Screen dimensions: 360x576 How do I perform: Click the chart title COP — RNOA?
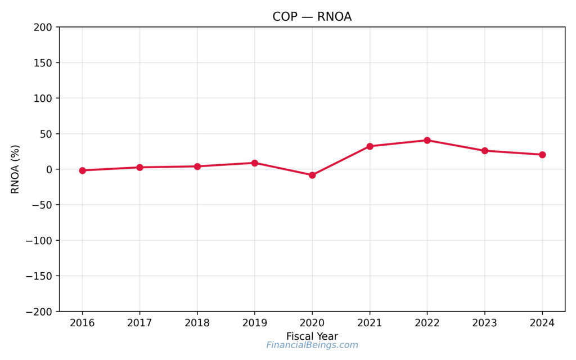point(312,17)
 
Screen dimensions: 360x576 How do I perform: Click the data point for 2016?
point(83,170)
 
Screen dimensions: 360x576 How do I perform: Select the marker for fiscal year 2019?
point(255,163)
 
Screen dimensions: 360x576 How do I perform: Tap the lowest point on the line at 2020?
point(312,175)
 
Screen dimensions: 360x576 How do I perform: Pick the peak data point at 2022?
point(427,140)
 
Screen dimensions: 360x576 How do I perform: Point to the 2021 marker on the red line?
point(370,146)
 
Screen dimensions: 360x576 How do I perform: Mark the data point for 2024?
point(542,155)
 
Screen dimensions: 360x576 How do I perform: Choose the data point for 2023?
point(485,151)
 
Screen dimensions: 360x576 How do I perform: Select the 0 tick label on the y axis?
point(49,169)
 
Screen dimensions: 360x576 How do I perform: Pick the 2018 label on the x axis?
point(197,323)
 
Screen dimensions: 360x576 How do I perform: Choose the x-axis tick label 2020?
point(312,323)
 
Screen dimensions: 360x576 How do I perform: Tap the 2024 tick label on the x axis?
point(542,323)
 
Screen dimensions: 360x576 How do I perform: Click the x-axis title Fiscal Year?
point(312,336)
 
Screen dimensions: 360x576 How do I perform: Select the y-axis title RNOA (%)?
point(15,169)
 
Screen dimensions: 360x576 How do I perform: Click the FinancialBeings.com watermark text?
point(312,345)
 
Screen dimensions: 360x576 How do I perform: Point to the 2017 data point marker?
point(140,167)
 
